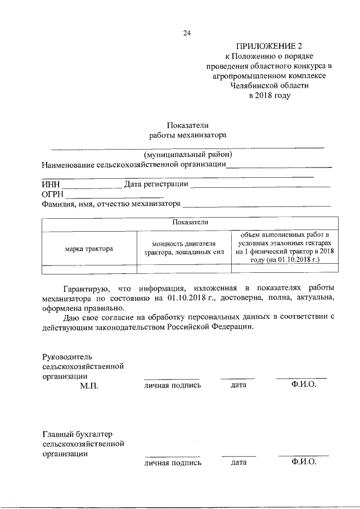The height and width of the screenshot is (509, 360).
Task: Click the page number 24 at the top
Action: tap(187, 33)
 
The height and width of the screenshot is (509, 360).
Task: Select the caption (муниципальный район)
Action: tap(187, 154)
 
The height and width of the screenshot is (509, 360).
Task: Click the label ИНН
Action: tap(51, 184)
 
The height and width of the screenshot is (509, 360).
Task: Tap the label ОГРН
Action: tap(53, 194)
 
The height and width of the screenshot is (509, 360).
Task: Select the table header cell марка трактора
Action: tap(88, 248)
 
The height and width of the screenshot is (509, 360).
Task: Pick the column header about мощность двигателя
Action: tap(184, 248)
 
